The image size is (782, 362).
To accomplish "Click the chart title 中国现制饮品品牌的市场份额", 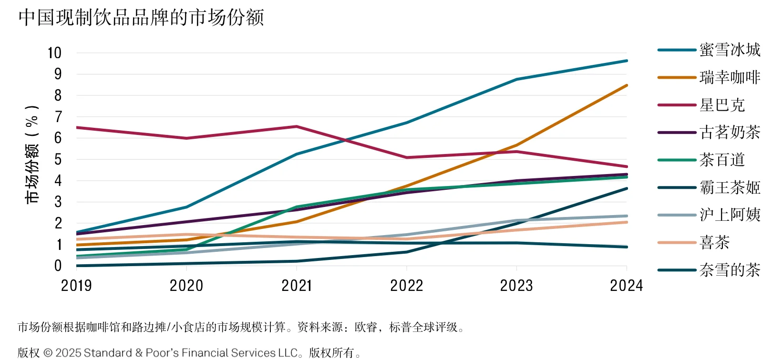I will pos(141,18).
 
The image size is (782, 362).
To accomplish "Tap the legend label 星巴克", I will pos(722,105).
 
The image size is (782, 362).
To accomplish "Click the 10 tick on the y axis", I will pos(54,53).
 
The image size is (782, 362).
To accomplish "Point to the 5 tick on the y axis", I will pos(58,159).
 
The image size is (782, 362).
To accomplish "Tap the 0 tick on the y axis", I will pos(58,266).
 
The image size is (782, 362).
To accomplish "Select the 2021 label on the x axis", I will pos(297,286).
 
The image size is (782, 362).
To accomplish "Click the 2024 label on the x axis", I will pos(626,286).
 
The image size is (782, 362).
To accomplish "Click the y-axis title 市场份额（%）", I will pos(31,154).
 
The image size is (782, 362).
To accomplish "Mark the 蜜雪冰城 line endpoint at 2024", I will pos(627,61).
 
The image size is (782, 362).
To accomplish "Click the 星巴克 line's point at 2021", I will pos(297,126).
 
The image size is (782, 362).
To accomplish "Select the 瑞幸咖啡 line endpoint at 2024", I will pos(627,85).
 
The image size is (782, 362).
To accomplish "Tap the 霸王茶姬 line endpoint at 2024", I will pos(627,188).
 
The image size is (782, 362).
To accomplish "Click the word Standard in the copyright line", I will pos(108,353).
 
